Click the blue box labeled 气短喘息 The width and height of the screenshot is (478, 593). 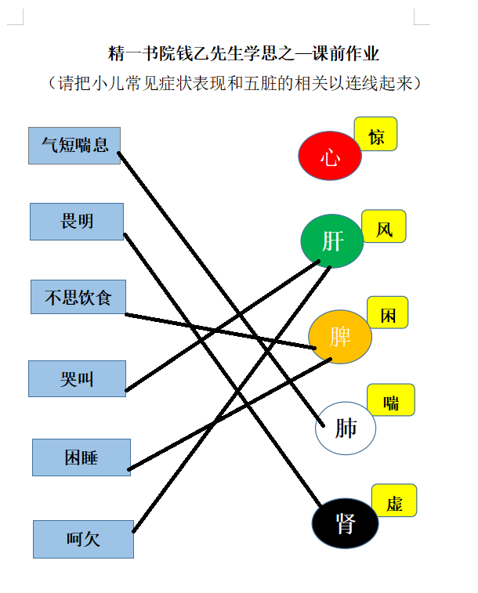[74, 146]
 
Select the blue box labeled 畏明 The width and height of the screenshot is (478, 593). [77, 222]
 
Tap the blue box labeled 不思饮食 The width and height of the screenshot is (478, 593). [78, 297]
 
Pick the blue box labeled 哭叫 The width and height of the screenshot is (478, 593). [77, 378]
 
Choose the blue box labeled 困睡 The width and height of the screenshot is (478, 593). [81, 457]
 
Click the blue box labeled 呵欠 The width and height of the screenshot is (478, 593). [83, 539]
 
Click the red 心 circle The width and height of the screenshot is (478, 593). [330, 156]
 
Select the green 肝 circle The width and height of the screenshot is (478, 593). [332, 241]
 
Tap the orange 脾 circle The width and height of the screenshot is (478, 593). [340, 337]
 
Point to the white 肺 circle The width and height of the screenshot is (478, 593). [346, 428]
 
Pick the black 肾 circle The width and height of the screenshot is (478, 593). [345, 523]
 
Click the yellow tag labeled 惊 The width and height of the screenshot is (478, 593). [375, 134]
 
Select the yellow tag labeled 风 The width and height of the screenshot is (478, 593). [384, 226]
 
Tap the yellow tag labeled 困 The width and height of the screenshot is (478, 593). [388, 313]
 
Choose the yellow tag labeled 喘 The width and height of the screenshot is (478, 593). [391, 400]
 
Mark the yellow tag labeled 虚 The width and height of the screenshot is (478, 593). [394, 501]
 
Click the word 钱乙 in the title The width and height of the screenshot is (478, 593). [193, 53]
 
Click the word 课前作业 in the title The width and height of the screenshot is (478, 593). [346, 53]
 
